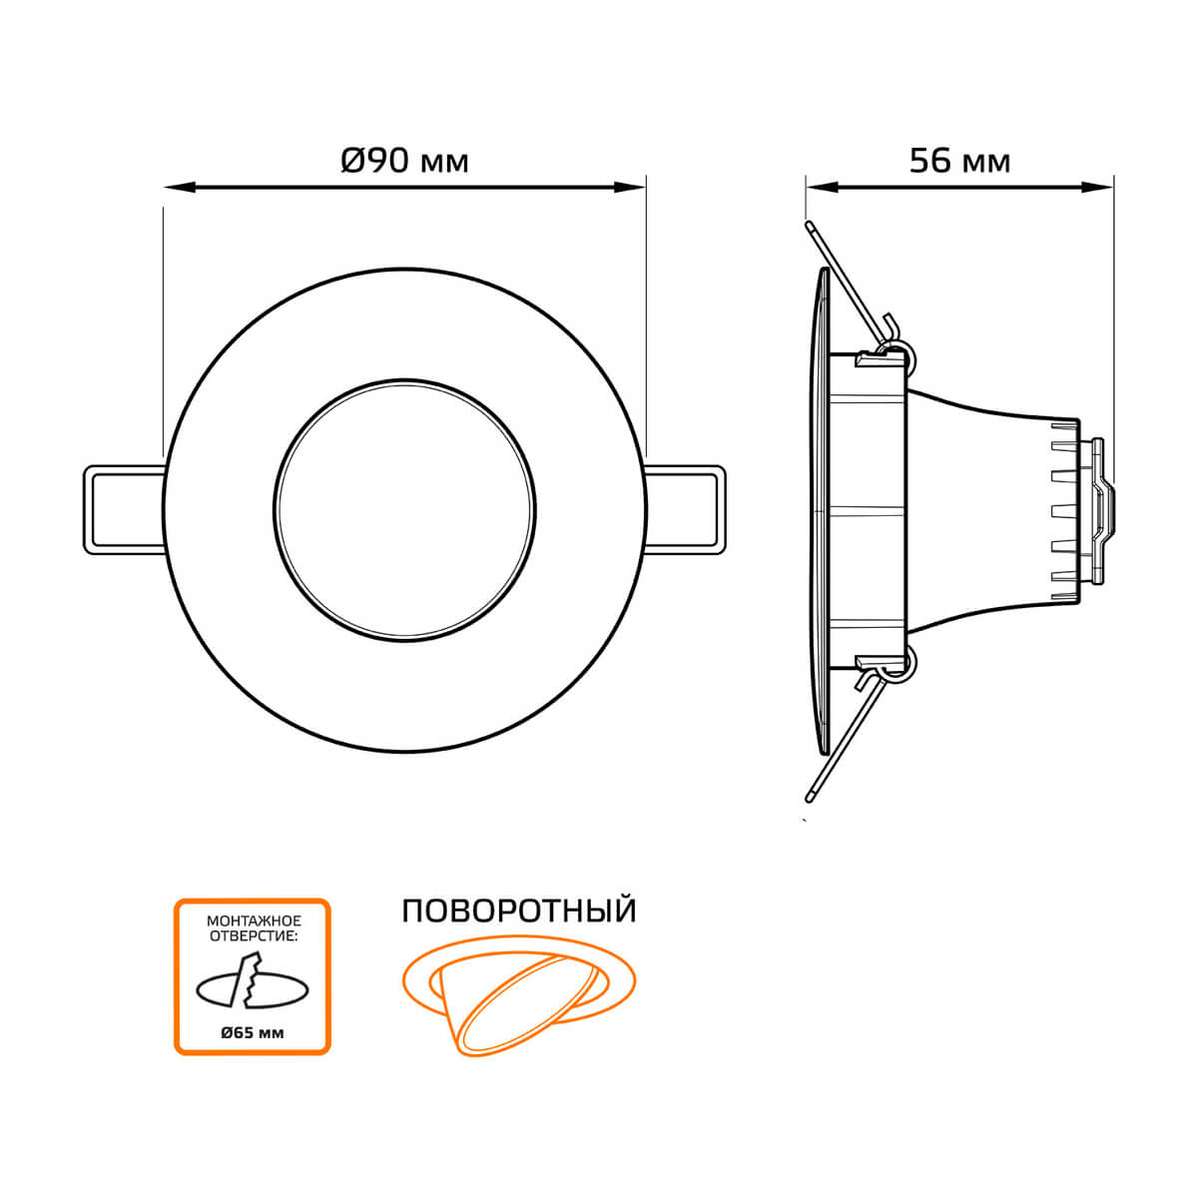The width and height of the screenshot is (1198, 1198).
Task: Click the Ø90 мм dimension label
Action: [404, 161]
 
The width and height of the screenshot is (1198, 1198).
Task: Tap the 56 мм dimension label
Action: [959, 161]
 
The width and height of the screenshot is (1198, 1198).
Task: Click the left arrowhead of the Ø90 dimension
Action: [180, 187]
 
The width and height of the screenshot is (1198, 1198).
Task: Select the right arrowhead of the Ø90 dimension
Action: [630, 187]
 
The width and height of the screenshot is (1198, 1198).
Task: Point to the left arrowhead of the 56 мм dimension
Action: [823, 187]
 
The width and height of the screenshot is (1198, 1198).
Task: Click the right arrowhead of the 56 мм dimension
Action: [1097, 187]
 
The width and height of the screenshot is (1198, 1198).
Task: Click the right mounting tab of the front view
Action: [685, 510]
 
